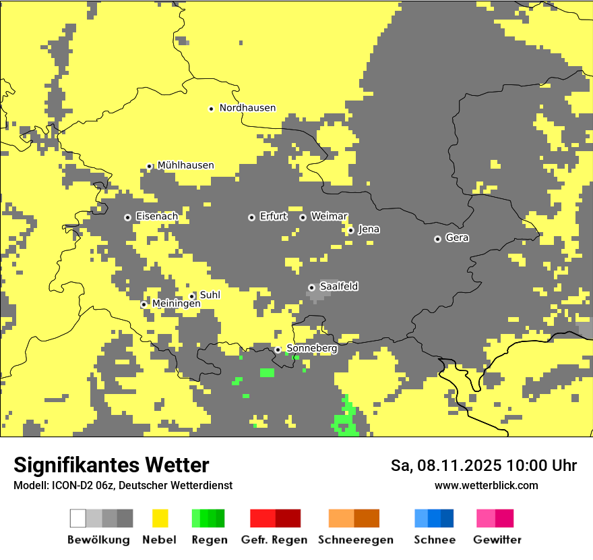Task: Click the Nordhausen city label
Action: tap(247, 108)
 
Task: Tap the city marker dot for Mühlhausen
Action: tap(149, 166)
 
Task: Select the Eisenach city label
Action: tap(157, 217)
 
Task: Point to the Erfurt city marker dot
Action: tap(251, 217)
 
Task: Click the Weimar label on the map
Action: tap(329, 217)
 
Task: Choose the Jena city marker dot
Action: tap(350, 230)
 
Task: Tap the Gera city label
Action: tap(457, 238)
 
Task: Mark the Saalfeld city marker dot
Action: tap(311, 287)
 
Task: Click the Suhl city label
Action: tap(210, 296)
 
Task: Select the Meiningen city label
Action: tap(176, 304)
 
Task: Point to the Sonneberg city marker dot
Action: tap(278, 349)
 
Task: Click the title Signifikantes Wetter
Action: tap(111, 465)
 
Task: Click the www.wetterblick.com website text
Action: tap(486, 485)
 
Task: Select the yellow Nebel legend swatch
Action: tap(160, 518)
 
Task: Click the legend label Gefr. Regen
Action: tap(274, 540)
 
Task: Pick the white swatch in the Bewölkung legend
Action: tap(78, 518)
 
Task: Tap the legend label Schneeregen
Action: tap(356, 540)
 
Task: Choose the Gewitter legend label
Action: tap(497, 540)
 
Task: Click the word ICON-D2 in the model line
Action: tap(67, 485)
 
